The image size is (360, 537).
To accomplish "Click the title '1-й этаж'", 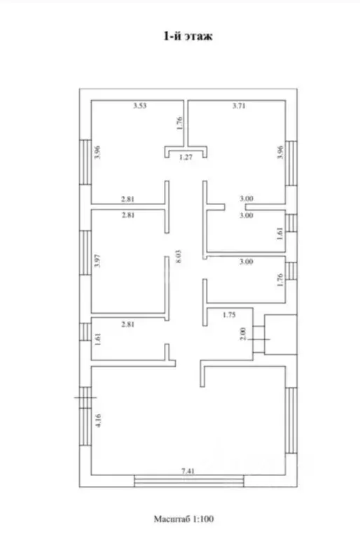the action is (188, 36).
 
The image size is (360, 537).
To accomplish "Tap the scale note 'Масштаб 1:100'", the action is (184, 519).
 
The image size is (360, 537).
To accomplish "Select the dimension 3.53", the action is (140, 106).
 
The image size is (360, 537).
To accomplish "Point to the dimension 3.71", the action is (239, 106).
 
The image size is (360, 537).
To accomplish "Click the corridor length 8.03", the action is (179, 256).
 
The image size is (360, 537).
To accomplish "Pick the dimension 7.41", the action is (188, 471).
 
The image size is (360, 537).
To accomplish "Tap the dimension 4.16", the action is (98, 420).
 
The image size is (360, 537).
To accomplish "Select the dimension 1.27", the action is (186, 158).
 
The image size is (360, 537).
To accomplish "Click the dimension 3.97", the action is (97, 260).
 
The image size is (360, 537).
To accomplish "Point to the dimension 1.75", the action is (229, 314).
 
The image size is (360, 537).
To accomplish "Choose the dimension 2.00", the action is (243, 333).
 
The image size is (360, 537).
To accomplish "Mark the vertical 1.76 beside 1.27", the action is (179, 123).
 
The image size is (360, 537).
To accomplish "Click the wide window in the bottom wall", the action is (188, 481).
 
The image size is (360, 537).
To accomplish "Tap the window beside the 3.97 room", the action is (85, 253).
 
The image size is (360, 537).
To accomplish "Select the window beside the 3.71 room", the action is (291, 163).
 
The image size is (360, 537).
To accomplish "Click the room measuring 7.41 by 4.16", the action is (188, 421).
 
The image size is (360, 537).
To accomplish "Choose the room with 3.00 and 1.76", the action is (246, 279).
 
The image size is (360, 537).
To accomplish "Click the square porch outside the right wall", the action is (281, 335).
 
